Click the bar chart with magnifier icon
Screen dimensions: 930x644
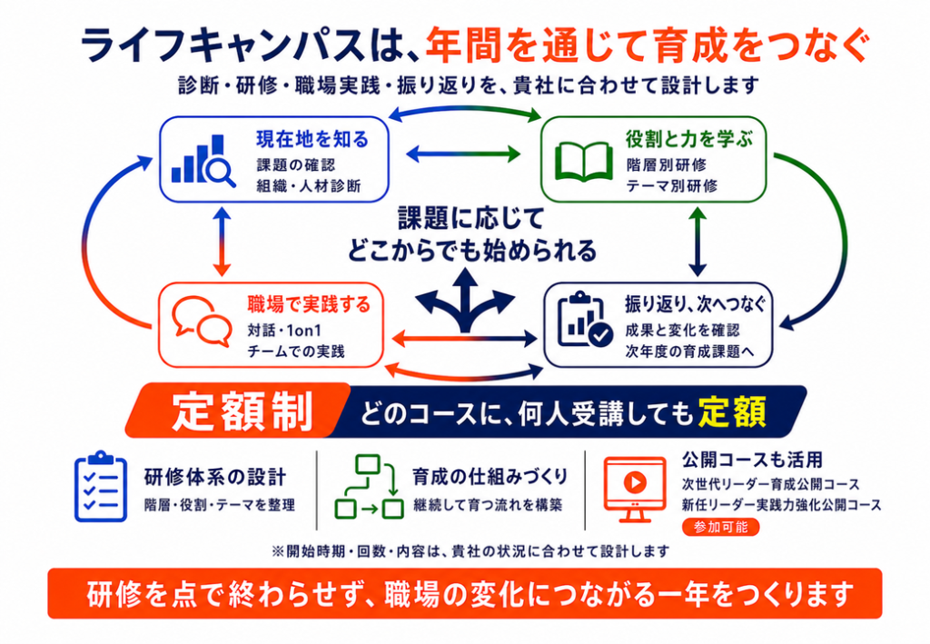tap(203, 160)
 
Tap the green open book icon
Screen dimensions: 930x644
tap(584, 162)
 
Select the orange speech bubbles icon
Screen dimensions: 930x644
tap(202, 322)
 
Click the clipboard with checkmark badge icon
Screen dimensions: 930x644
tap(585, 320)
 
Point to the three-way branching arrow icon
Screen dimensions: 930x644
tap(465, 301)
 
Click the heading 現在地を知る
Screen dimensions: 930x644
tap(312, 139)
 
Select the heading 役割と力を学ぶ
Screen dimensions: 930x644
tap(689, 139)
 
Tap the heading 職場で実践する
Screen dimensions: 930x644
tap(309, 305)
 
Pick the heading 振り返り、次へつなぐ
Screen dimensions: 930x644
tap(695, 305)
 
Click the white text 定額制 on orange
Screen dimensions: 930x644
tap(242, 411)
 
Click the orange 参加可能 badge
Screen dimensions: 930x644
tap(720, 527)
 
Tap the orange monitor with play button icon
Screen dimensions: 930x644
tap(635, 490)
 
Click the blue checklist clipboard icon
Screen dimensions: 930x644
tap(101, 486)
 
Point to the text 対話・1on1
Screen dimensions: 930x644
tap(284, 331)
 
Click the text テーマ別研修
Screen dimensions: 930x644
tap(672, 185)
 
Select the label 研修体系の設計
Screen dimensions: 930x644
tap(215, 477)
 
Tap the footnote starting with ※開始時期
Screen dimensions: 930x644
tap(470, 551)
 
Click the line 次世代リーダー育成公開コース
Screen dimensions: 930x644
tap(771, 484)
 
